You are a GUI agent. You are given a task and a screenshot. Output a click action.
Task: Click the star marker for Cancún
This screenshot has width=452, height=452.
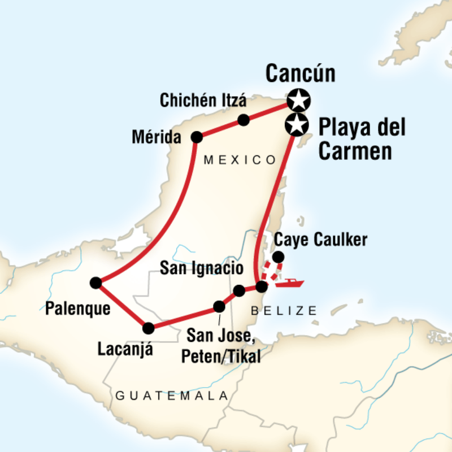coord(298,101)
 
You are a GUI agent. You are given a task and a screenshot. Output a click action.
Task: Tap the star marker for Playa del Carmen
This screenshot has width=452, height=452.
coord(296,125)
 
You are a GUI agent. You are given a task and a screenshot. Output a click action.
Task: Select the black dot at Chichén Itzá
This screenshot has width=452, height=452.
coord(244,120)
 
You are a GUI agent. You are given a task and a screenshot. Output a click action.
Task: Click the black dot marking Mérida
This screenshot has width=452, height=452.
coord(197,137)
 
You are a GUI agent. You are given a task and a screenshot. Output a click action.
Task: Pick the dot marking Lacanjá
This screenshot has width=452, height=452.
coord(149,328)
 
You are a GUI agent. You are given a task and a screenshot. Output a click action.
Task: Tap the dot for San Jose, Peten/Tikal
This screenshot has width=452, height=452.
coord(219,307)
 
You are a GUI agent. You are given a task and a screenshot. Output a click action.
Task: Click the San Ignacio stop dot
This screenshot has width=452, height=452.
coord(239,290)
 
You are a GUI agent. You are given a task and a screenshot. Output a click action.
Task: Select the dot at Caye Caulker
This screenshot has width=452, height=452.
coord(278,258)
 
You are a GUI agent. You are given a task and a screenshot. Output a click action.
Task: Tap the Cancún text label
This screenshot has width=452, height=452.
coord(300,73)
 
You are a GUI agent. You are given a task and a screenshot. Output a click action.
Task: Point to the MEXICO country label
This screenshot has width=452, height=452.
coord(240,160)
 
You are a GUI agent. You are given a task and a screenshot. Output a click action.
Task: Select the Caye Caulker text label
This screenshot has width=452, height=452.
coord(320,240)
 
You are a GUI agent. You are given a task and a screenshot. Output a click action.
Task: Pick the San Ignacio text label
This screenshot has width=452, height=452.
coord(202,268)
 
